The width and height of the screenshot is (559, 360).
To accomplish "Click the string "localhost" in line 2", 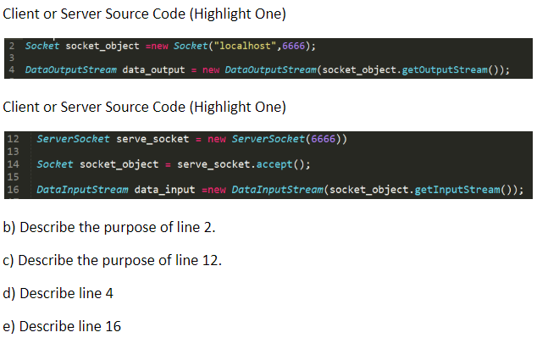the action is (x=245, y=46).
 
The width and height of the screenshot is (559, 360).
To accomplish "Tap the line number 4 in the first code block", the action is (x=12, y=69).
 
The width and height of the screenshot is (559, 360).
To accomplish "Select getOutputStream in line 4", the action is (x=445, y=69).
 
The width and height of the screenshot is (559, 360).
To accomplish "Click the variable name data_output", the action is (x=153, y=69).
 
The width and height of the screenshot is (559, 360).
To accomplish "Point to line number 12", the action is (x=13, y=139).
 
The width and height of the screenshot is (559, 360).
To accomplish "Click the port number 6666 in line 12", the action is (x=323, y=139).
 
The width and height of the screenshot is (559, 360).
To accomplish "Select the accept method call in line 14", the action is (x=274, y=164).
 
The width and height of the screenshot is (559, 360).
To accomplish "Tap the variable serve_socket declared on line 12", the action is (x=152, y=139).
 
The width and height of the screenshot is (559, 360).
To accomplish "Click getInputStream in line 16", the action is (x=457, y=190).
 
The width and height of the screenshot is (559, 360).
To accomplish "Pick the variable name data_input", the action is (x=164, y=190).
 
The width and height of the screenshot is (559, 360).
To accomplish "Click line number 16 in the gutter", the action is (x=13, y=190).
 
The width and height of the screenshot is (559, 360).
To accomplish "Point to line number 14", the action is (x=13, y=164).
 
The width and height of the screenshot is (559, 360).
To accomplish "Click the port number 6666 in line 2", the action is (x=293, y=46).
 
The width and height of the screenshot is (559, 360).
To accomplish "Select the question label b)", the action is (x=9, y=227).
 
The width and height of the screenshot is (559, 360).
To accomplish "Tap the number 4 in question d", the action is (x=109, y=293).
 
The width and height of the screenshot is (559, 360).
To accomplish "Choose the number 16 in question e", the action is (x=113, y=326).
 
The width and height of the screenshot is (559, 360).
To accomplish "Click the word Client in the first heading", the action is (x=21, y=14).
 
